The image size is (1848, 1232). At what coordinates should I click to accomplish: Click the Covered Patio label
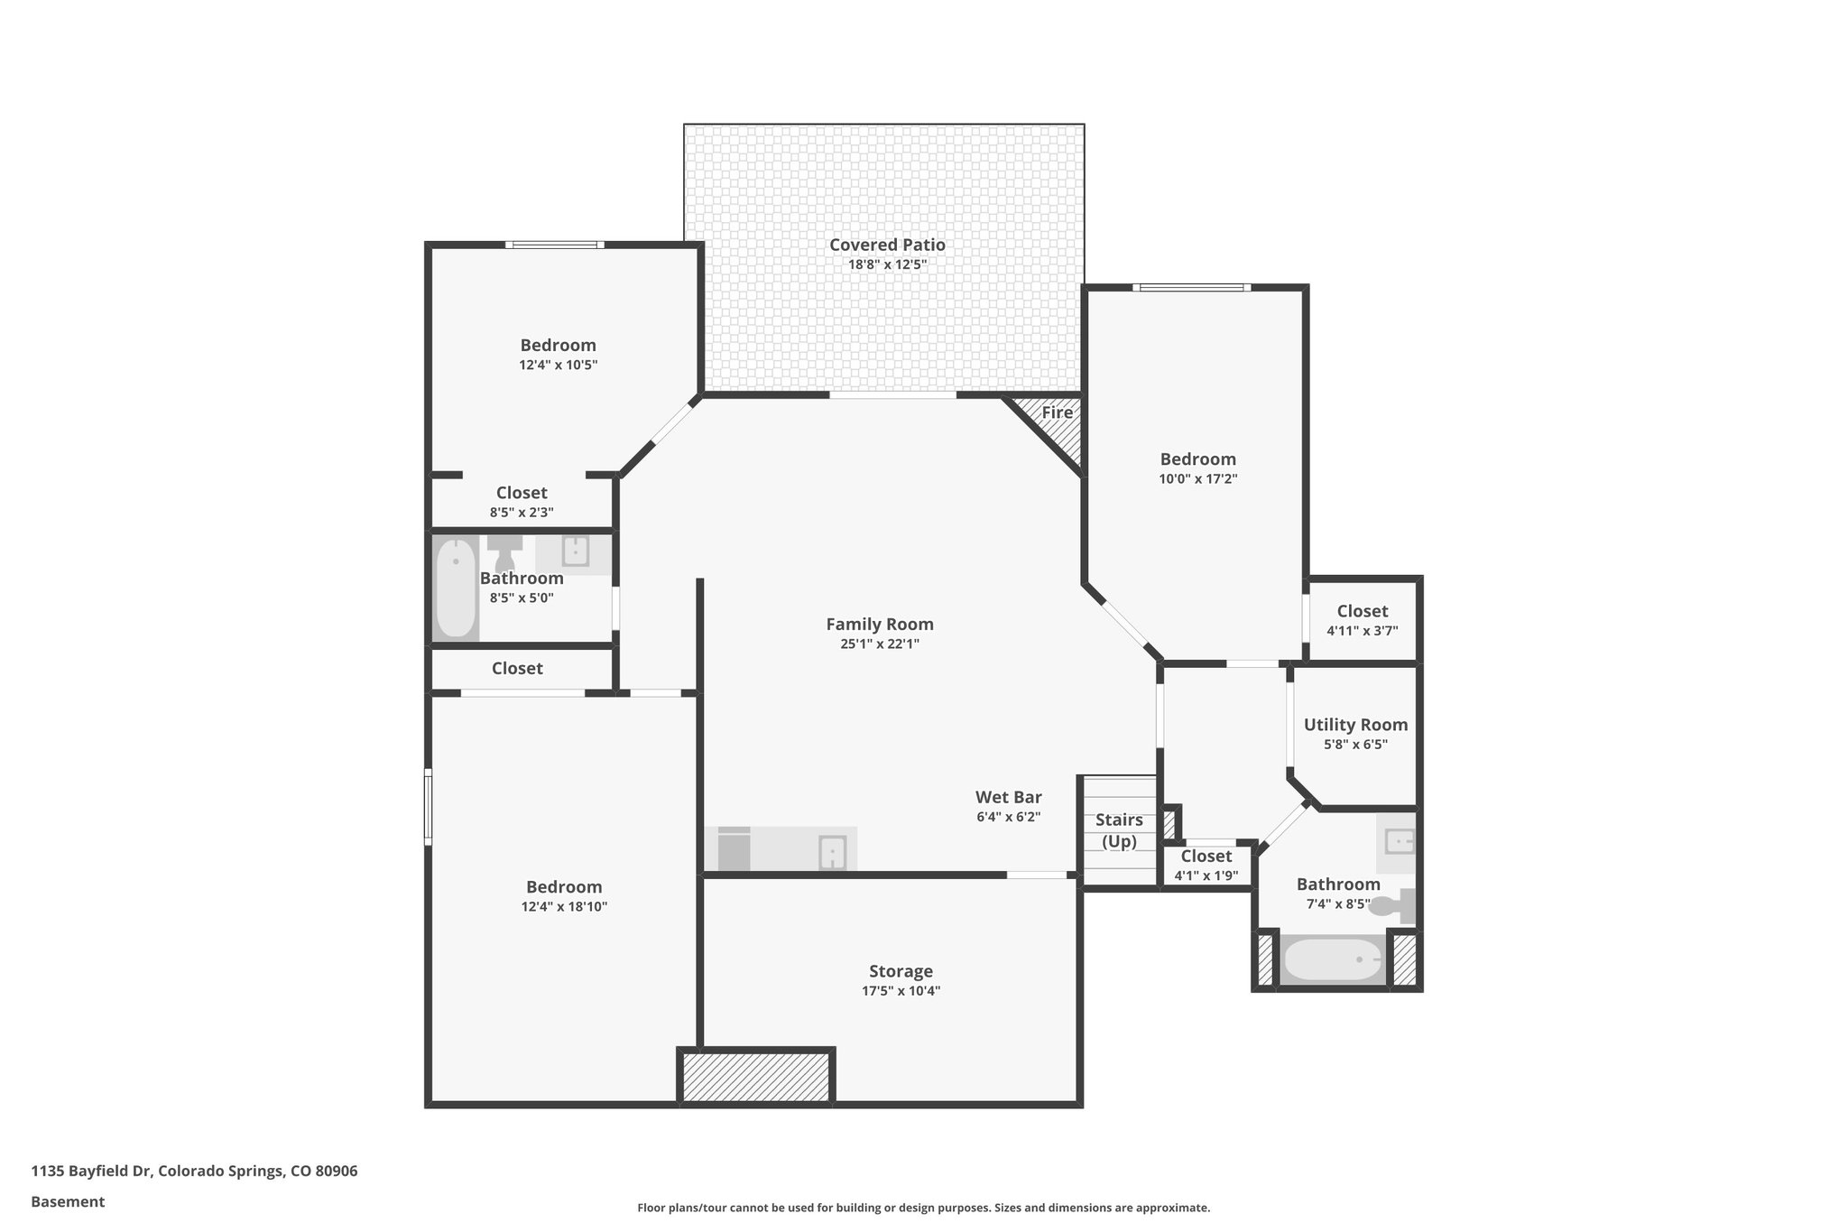[x=887, y=245]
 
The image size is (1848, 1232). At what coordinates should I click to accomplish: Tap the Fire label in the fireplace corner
[x=1057, y=412]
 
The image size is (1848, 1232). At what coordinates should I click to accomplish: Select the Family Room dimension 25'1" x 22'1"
[x=879, y=644]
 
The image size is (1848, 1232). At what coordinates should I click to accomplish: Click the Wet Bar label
[x=1008, y=797]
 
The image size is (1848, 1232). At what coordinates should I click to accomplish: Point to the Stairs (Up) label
[x=1119, y=830]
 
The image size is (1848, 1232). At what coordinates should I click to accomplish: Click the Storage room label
[x=901, y=971]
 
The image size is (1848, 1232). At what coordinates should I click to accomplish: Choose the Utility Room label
[x=1355, y=724]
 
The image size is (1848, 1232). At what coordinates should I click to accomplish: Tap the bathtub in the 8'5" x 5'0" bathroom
[x=456, y=588]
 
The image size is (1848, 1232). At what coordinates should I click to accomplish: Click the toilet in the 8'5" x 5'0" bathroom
[x=504, y=551]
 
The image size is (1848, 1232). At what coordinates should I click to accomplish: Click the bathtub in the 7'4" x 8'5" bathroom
[x=1333, y=960]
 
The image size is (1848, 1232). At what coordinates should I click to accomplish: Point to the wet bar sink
[x=832, y=852]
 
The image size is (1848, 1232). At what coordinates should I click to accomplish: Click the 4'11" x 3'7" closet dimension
[x=1362, y=631]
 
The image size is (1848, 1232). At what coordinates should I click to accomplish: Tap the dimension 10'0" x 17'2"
[x=1197, y=479]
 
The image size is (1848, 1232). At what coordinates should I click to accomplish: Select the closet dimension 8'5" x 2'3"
[x=522, y=512]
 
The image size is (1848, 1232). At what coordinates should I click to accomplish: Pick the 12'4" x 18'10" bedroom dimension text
[x=564, y=907]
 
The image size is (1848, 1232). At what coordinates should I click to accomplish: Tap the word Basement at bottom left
[x=68, y=1201]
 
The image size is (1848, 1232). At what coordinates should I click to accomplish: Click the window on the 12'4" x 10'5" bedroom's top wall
[x=554, y=245]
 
